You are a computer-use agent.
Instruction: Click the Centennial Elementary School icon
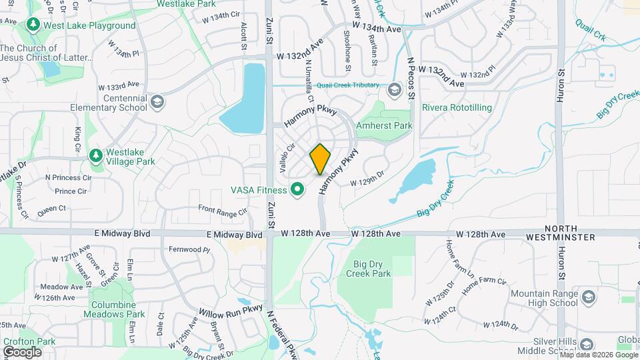(x=157, y=102)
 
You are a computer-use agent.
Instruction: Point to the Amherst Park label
(x=385, y=125)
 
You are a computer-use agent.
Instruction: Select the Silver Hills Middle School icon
(x=587, y=344)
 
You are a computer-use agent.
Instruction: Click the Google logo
(x=22, y=351)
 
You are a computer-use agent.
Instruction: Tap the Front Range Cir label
(x=223, y=209)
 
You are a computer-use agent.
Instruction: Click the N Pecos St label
(x=411, y=79)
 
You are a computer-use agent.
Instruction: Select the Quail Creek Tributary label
(x=351, y=85)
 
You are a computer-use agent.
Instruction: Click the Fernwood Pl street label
(x=189, y=250)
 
